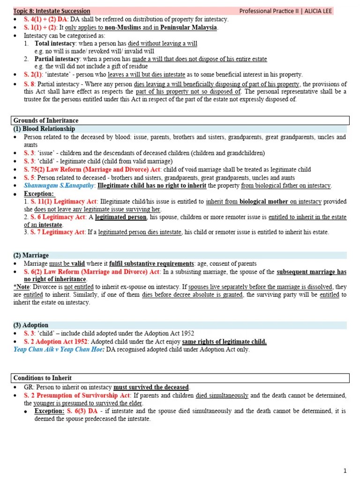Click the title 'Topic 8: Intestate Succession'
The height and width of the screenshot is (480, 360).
[x=52, y=11]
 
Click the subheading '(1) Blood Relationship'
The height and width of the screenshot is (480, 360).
[x=44, y=129]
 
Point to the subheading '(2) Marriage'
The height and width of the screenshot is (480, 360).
[x=31, y=255]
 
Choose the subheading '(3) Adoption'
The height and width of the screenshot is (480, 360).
[x=31, y=325]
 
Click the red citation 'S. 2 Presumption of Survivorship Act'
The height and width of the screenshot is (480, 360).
[x=77, y=395]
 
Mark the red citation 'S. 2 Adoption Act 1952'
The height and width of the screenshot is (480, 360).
[x=57, y=342]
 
